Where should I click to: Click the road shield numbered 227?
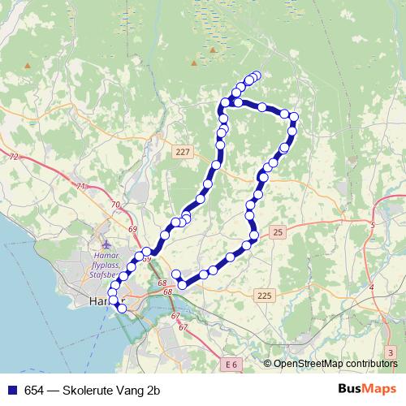tap(182, 151)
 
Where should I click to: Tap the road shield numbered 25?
tap(279, 233)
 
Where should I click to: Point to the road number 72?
tap(14, 155)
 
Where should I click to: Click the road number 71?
tap(80, 187)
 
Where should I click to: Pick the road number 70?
tap(115, 205)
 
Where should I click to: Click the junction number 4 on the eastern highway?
tap(371, 287)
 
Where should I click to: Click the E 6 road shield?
tap(230, 365)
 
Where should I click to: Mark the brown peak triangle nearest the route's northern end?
tap(214, 50)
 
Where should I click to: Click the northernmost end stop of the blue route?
tap(257, 76)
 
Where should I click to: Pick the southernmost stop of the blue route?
tap(123, 308)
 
